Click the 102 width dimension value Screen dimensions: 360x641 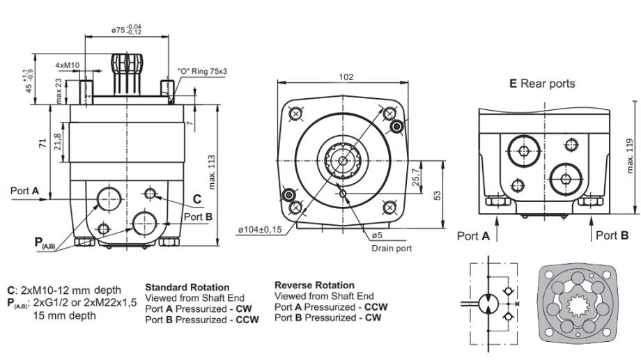coord(346,77)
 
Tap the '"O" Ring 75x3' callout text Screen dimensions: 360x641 coord(203,72)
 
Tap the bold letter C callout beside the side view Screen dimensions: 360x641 coord(197,199)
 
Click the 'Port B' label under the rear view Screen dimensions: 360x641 coord(613,235)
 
